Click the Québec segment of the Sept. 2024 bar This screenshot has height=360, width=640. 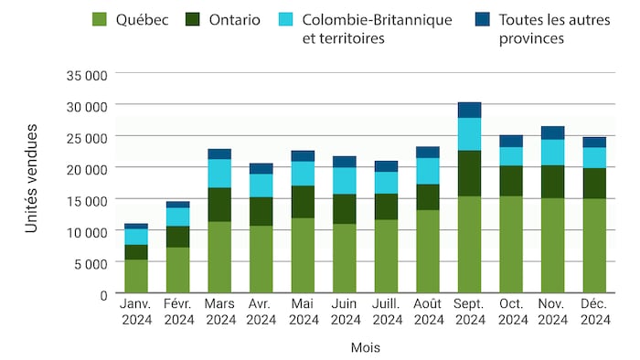tap(469, 245)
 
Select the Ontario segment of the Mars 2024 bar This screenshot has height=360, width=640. tap(219, 205)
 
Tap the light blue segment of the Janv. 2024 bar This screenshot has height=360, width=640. tap(136, 237)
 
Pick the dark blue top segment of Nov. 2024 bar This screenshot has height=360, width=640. tap(552, 132)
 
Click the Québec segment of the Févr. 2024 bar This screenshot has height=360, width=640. tap(177, 270)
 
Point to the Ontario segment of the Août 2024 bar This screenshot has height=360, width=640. tap(427, 197)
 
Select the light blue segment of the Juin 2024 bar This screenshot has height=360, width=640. tap(345, 181)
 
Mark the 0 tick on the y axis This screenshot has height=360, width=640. tap(102, 294)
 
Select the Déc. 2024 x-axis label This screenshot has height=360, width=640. tap(594, 312)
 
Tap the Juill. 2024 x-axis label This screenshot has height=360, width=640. tap(386, 312)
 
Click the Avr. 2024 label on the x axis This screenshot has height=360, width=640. tap(261, 312)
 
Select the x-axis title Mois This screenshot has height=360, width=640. tap(365, 348)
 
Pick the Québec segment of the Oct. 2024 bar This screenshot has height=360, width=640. tap(511, 245)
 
